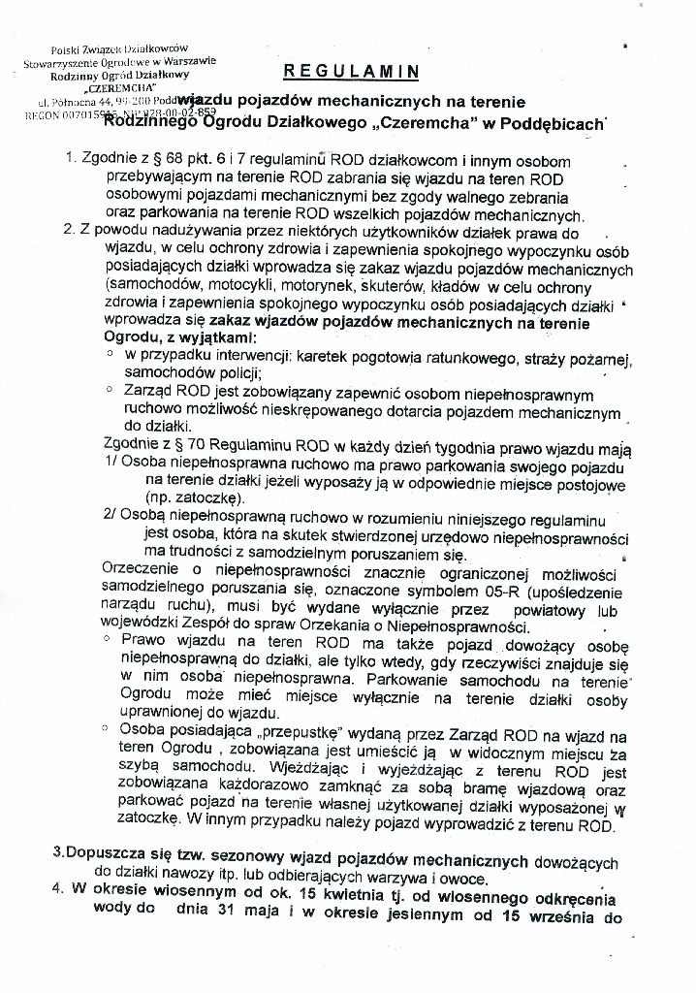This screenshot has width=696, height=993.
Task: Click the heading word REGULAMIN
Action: (351, 71)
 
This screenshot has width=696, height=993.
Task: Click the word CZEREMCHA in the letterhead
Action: (110, 88)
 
